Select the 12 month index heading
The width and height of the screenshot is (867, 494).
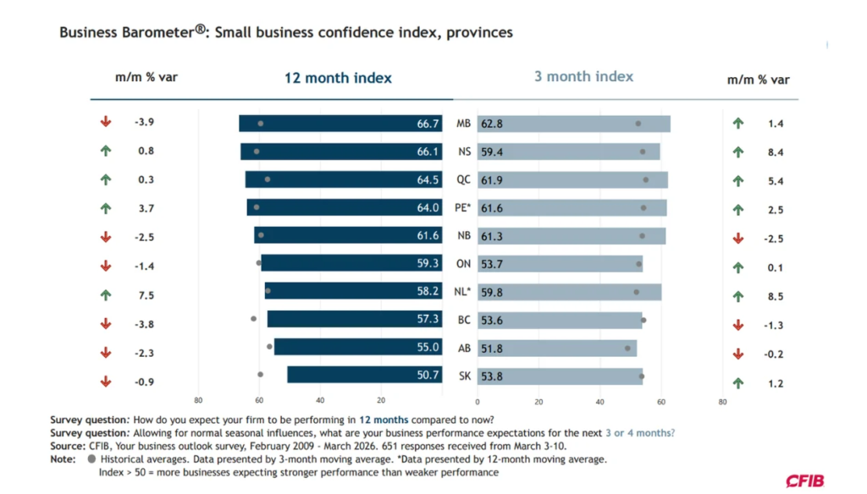point(338,78)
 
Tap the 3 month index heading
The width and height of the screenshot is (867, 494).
point(583,76)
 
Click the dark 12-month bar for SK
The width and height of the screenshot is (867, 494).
point(364,375)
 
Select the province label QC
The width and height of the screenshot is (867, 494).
point(463,180)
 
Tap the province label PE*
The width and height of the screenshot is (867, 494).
point(463,208)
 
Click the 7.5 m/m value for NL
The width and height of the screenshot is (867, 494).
point(146,295)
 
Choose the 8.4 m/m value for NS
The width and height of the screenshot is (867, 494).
point(776,153)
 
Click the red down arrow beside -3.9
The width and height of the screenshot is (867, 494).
point(106,123)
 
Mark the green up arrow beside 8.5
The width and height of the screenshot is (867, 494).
point(737,297)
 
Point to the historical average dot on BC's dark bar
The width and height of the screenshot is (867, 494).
point(254,319)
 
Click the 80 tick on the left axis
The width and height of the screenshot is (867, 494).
point(198,401)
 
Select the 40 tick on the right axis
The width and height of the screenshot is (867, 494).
point(599,403)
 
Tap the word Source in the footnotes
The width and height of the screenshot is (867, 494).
point(68,446)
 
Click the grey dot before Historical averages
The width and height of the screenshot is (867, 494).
point(91,459)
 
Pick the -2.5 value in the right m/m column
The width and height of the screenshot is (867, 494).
point(774,239)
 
